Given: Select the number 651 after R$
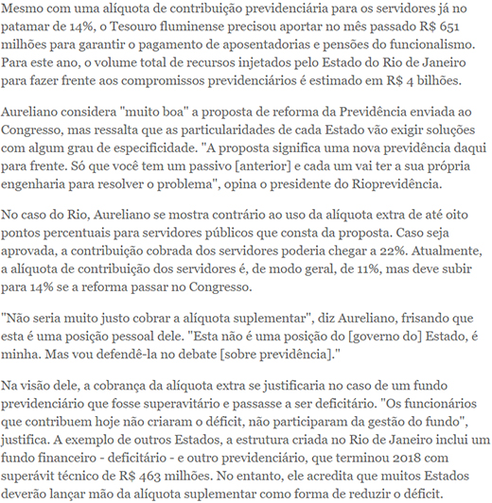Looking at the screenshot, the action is click(x=471, y=27).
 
